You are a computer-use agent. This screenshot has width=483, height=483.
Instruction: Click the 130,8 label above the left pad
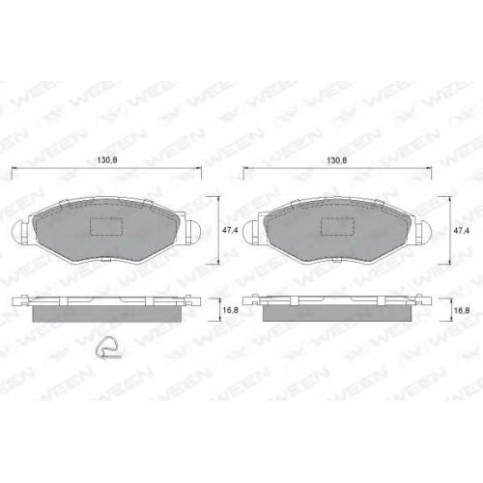[x=106, y=160]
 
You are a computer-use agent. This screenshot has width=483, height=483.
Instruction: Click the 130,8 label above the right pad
[x=337, y=160]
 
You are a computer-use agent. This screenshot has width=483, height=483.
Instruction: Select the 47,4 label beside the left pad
[x=231, y=230]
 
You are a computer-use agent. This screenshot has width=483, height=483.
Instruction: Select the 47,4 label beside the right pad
[x=461, y=230]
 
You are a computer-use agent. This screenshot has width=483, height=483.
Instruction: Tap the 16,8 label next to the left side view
[x=231, y=310]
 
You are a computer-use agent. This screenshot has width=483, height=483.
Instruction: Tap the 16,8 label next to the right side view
[x=461, y=310]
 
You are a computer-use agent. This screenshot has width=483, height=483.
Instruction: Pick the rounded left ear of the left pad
[x=18, y=232]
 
